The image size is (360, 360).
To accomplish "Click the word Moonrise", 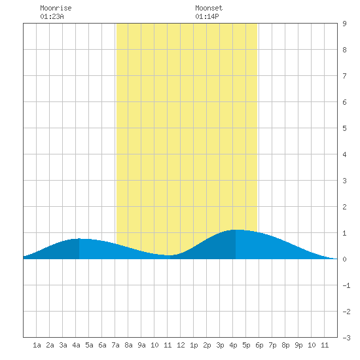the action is [56, 8].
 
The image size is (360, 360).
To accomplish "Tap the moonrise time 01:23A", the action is [52, 16].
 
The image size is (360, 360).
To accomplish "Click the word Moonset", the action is [209, 8].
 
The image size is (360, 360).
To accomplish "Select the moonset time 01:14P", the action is [207, 16].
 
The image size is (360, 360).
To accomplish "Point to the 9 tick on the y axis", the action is [344, 24].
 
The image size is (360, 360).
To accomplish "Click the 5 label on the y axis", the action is [344, 128].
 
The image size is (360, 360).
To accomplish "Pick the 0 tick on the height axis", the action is [344, 259].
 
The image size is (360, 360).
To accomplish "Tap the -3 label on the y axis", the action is [346, 338].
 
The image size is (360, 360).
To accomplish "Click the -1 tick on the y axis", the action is [346, 285].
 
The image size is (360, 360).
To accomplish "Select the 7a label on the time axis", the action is [115, 345].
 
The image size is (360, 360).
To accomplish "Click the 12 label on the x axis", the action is [181, 345].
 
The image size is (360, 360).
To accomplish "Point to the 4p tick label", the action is [233, 345].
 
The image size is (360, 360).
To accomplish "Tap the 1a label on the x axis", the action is [37, 345].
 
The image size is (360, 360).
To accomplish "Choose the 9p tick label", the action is [298, 345].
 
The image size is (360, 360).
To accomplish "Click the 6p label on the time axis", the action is [259, 345].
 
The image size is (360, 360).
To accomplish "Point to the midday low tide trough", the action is [169, 255].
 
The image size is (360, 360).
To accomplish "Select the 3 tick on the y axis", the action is [344, 181].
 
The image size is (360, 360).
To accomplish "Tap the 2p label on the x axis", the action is [207, 345].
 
